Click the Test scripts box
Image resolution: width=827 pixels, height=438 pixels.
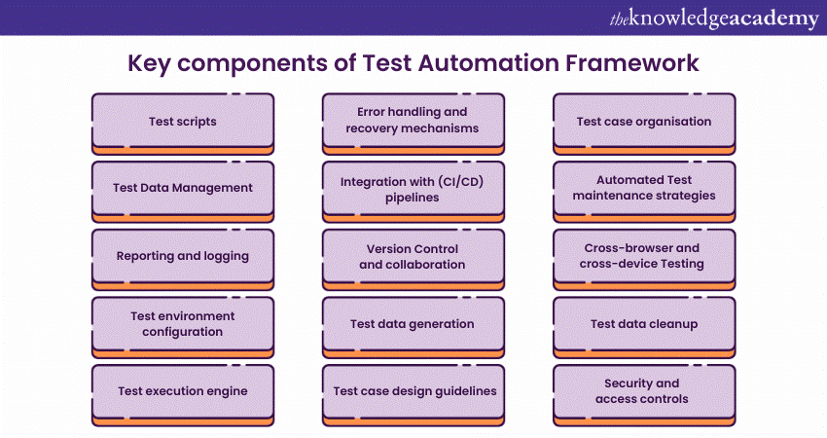coord(183,122)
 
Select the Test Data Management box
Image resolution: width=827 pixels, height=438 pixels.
coord(183,188)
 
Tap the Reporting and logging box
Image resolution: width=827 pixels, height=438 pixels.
coord(183,256)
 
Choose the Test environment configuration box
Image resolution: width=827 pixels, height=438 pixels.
coord(183,324)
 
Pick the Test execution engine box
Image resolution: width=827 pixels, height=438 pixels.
coord(183,391)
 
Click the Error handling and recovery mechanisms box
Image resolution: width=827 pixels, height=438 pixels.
coord(413,121)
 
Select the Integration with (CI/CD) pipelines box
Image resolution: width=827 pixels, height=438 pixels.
coord(413,189)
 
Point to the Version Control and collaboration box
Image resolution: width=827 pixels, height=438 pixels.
coord(413,257)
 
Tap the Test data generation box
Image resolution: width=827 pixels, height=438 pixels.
coord(413,324)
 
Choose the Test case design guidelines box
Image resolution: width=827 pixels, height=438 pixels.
coord(413,391)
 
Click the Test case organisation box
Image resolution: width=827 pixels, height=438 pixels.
coord(644,122)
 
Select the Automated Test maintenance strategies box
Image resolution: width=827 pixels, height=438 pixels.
coord(644,188)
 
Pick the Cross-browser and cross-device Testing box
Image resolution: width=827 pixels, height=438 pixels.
coord(644,256)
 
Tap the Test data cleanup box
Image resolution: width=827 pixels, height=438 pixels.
coord(644,324)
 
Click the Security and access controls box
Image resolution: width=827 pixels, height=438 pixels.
coord(644,391)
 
